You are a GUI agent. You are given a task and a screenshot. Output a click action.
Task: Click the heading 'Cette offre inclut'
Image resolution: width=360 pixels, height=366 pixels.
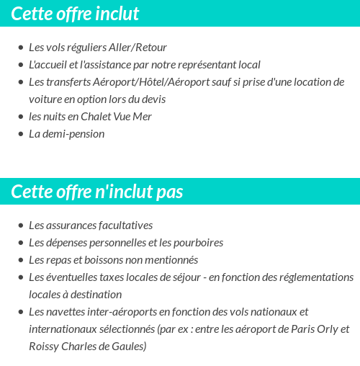point(76,14)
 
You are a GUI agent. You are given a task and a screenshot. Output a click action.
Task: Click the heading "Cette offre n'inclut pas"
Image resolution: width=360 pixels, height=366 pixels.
point(97,192)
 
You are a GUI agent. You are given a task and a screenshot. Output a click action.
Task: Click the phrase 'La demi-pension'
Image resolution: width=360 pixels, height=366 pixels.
point(66,134)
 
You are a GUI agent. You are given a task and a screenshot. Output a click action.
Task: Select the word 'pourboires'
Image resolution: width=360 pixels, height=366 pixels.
point(199,243)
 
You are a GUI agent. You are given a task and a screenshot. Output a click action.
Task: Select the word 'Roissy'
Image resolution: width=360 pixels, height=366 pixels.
point(44,347)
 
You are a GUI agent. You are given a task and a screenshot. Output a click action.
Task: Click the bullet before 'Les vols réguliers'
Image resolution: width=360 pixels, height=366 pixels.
point(20,48)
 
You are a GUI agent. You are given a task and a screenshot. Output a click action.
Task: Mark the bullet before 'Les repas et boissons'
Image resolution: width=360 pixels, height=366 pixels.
point(20,260)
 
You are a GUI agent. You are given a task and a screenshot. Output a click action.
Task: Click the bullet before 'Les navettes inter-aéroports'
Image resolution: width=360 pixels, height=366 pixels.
point(20,312)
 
